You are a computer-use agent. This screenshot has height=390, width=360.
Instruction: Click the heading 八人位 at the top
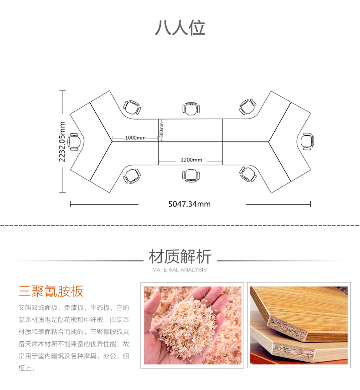180,28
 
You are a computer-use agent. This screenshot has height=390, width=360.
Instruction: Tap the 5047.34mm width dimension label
190,204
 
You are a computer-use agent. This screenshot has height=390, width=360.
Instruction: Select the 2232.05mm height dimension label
62,141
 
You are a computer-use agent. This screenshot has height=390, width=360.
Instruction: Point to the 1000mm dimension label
135,138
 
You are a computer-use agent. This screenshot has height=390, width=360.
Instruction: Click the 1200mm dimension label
191,160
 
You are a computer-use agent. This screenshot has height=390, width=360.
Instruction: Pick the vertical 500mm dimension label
161,130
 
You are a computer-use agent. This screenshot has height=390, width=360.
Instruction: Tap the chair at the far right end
308,141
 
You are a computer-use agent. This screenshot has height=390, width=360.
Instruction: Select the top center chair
191,109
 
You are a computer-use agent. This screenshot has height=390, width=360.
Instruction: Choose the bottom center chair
191,175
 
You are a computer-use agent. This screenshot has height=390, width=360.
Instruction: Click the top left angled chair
132,108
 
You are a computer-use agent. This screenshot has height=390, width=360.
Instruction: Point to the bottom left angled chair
132,176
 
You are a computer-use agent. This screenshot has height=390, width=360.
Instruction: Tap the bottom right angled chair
248,174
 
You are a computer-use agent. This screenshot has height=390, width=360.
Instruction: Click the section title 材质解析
180,257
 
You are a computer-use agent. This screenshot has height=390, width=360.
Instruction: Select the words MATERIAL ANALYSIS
180,270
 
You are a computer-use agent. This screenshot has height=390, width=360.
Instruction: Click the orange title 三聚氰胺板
51,291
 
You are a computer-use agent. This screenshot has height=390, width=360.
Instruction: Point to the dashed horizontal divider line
180,225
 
